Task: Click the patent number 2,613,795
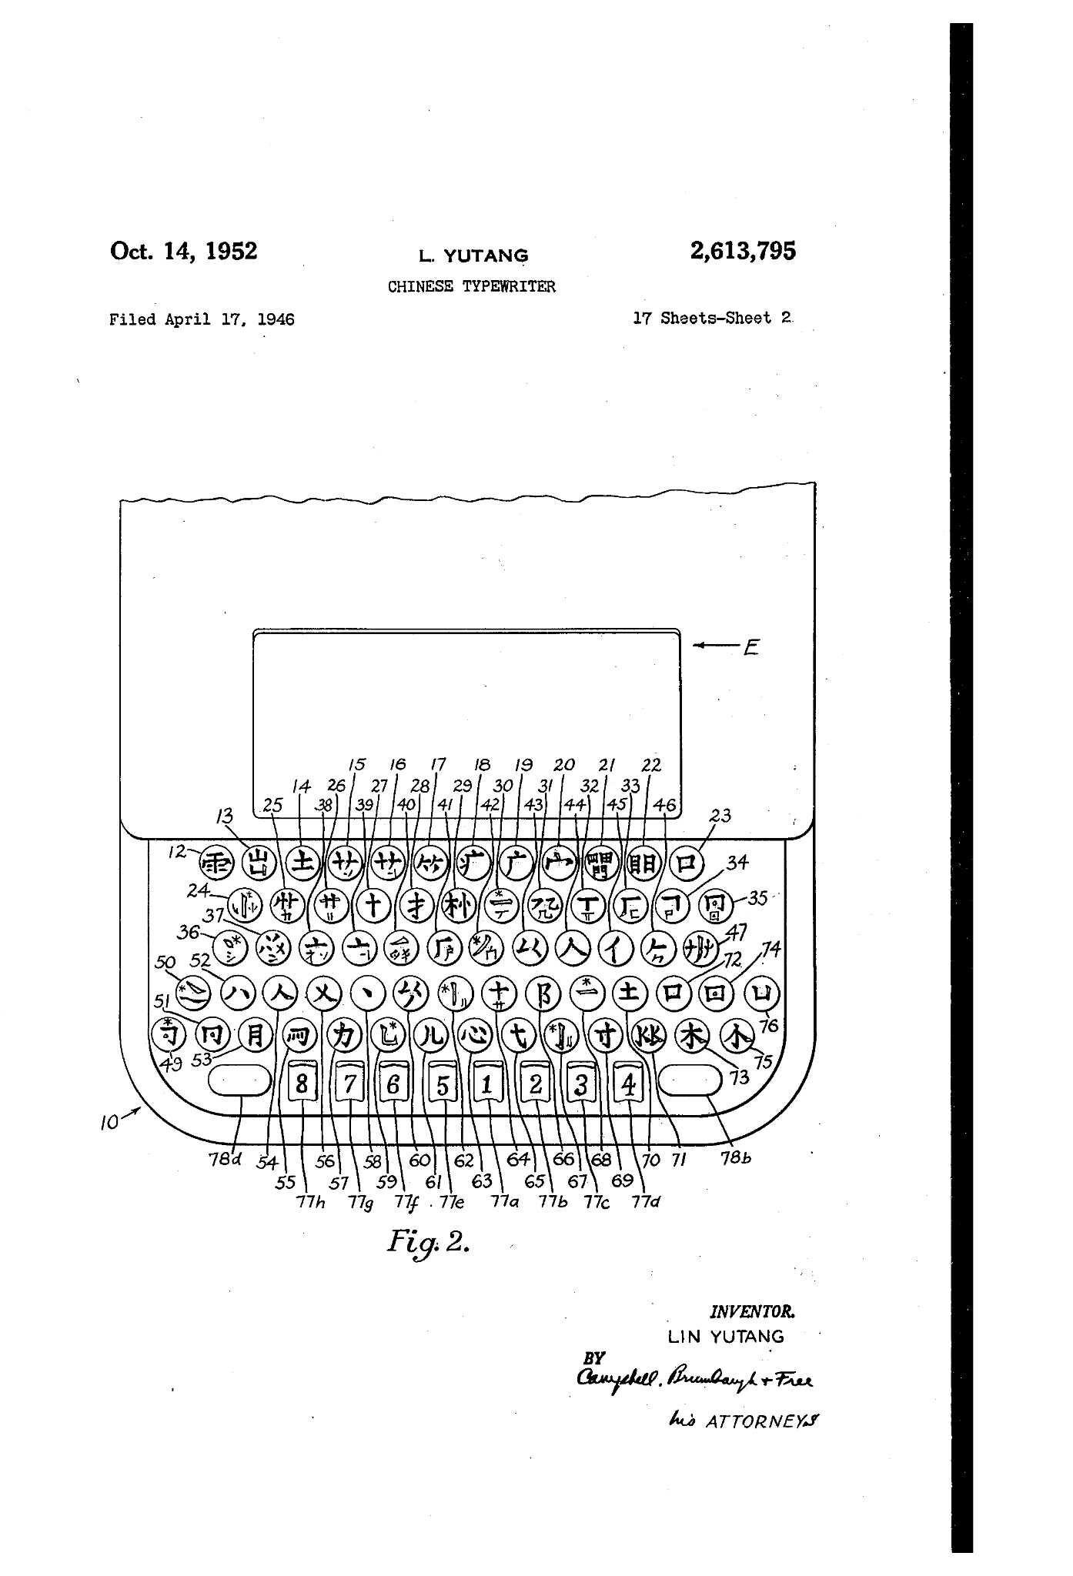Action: [x=743, y=252]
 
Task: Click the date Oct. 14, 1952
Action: [x=184, y=252]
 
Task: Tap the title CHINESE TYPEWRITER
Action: [x=471, y=287]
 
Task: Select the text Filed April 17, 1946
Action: [x=202, y=319]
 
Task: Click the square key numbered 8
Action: [x=302, y=1084]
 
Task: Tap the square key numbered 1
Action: [x=486, y=1084]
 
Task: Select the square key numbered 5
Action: [x=442, y=1084]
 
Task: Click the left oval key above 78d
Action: [x=239, y=1080]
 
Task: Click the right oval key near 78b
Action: [x=690, y=1080]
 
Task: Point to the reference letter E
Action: [x=751, y=648]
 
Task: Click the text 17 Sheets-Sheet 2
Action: [x=712, y=318]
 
